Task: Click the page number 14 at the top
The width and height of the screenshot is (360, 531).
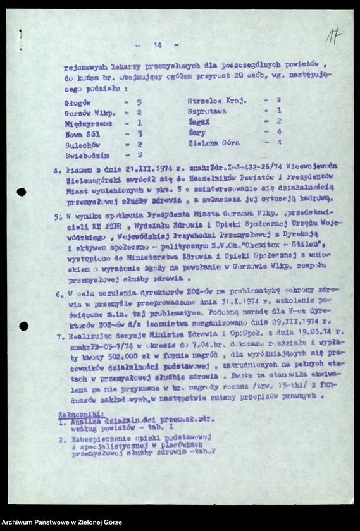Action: click(158, 45)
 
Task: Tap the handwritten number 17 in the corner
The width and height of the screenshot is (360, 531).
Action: click(333, 36)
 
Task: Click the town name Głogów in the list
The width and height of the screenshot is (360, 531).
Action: click(77, 101)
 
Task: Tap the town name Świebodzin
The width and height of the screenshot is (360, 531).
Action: click(87, 155)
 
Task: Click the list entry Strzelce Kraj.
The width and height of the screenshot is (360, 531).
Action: click(217, 101)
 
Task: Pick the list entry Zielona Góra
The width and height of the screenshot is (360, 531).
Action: click(213, 143)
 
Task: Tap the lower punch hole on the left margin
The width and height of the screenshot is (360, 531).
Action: click(23, 326)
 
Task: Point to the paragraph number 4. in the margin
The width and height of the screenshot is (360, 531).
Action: click(58, 170)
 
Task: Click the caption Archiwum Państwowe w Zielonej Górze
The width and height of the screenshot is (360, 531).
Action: click(61, 523)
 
